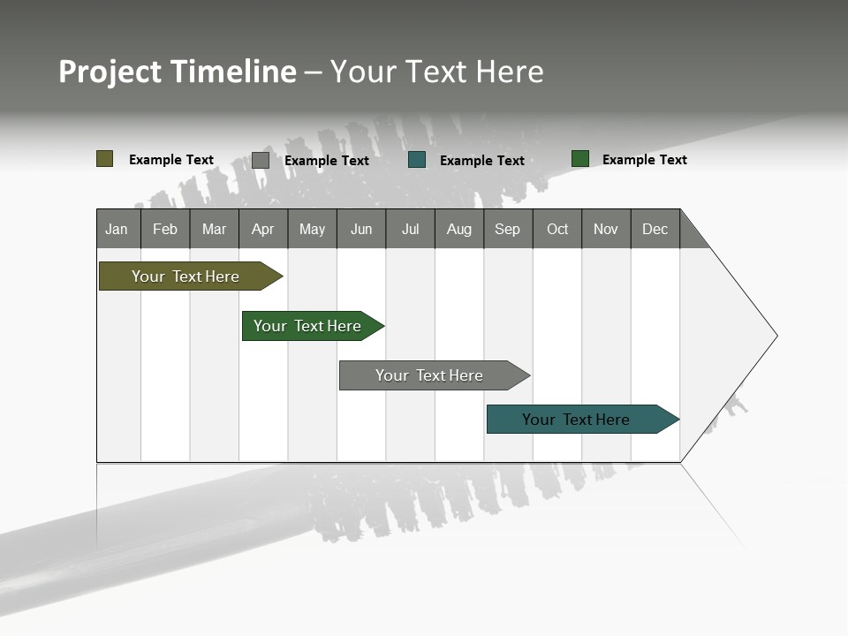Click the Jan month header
coord(117,229)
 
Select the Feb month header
coord(165,229)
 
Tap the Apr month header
coord(262,229)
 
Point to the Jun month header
coord(361,229)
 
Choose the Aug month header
coord(458,229)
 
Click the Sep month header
coord(507,229)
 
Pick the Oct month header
coord(557,229)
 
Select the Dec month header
coord(655,229)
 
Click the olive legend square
coord(105,159)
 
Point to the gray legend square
coord(261,160)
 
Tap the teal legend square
coord(417,160)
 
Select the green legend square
coord(580,159)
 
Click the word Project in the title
coord(110,72)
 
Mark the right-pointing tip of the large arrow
coord(776,336)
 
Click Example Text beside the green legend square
coord(644,160)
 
